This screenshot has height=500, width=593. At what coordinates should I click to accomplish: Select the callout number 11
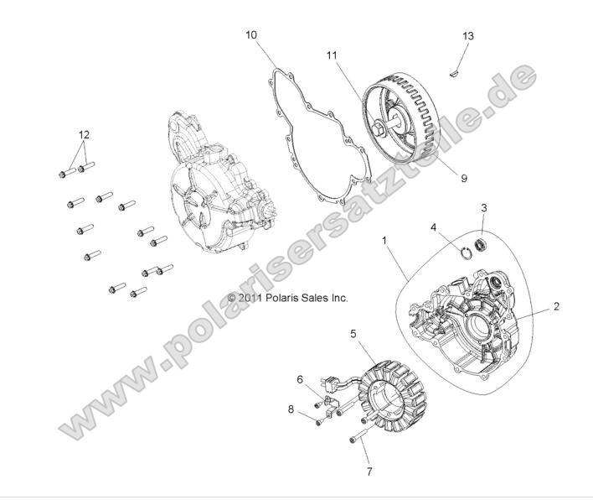(332, 55)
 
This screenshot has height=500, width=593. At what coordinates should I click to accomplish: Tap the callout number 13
(468, 36)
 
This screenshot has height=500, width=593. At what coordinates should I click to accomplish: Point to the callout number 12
(83, 134)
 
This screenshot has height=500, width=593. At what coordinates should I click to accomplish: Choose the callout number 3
(483, 206)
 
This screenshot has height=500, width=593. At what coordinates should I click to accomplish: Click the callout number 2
(555, 307)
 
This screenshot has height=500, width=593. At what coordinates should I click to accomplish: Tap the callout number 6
(299, 378)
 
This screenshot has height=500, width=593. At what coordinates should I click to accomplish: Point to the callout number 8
(291, 410)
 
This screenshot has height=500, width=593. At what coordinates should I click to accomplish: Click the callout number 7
(368, 471)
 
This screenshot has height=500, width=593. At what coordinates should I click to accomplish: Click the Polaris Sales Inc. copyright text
(287, 298)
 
